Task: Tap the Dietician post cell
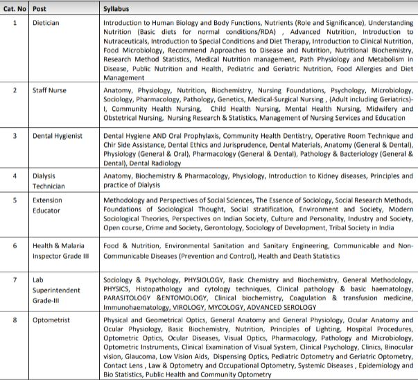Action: [46, 22]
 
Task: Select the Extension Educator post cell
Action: [49, 205]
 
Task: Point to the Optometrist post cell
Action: [53, 321]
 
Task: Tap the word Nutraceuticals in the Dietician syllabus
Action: [129, 41]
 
